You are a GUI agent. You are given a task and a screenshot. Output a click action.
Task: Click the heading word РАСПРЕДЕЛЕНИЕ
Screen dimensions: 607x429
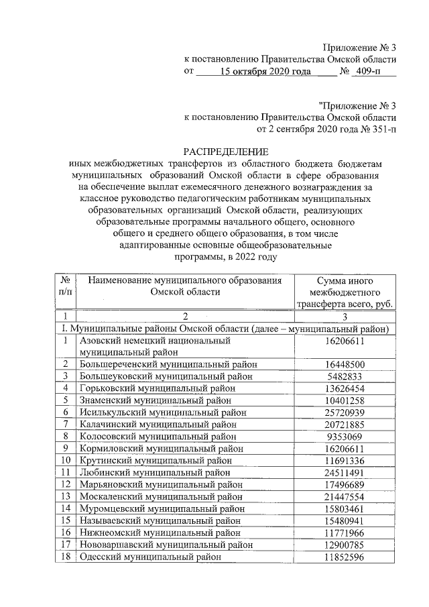point(226,152)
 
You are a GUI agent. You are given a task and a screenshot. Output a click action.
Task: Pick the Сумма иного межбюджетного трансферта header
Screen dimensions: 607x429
point(345,292)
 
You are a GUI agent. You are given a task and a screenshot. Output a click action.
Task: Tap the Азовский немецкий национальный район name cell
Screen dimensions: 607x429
point(155,346)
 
